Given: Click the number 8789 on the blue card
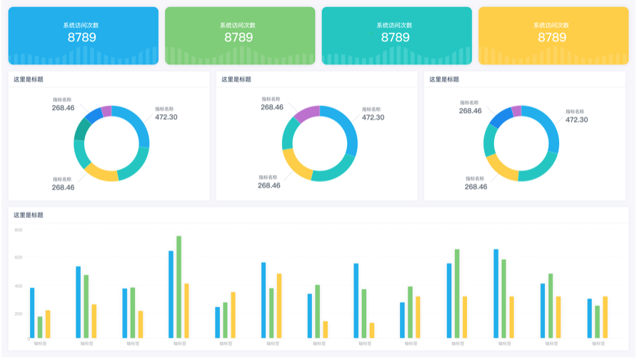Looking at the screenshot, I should (82, 38).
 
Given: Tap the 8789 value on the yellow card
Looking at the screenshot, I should (552, 38).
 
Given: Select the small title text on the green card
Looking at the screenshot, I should (239, 25).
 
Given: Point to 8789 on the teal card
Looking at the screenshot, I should (396, 38).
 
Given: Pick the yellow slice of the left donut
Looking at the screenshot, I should (100, 172).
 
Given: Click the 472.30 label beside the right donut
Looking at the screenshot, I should (576, 119).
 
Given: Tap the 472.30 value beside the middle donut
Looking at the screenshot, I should (373, 117).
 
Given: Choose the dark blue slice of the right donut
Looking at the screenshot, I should (499, 117).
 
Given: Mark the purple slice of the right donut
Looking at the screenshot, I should (516, 110).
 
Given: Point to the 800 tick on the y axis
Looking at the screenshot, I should (19, 230).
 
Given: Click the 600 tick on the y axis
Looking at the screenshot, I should (19, 257).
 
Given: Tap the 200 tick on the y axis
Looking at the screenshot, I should (19, 313).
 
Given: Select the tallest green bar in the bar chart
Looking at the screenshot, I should (179, 286).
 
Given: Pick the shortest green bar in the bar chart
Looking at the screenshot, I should (40, 327).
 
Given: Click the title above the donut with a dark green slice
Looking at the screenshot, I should (28, 79).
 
